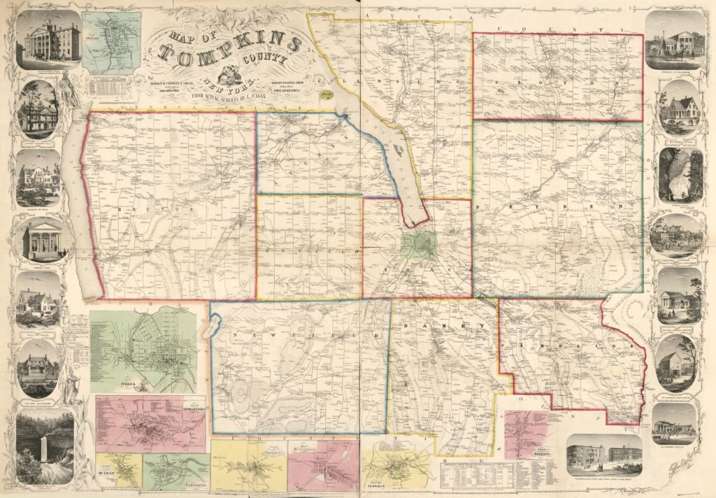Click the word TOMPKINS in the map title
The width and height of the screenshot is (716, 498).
click(x=231, y=50)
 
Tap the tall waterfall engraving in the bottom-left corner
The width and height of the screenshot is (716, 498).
click(x=45, y=446)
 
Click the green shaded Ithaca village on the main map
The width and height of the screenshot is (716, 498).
click(x=419, y=245)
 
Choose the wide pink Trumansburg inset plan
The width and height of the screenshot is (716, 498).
click(x=150, y=423)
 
